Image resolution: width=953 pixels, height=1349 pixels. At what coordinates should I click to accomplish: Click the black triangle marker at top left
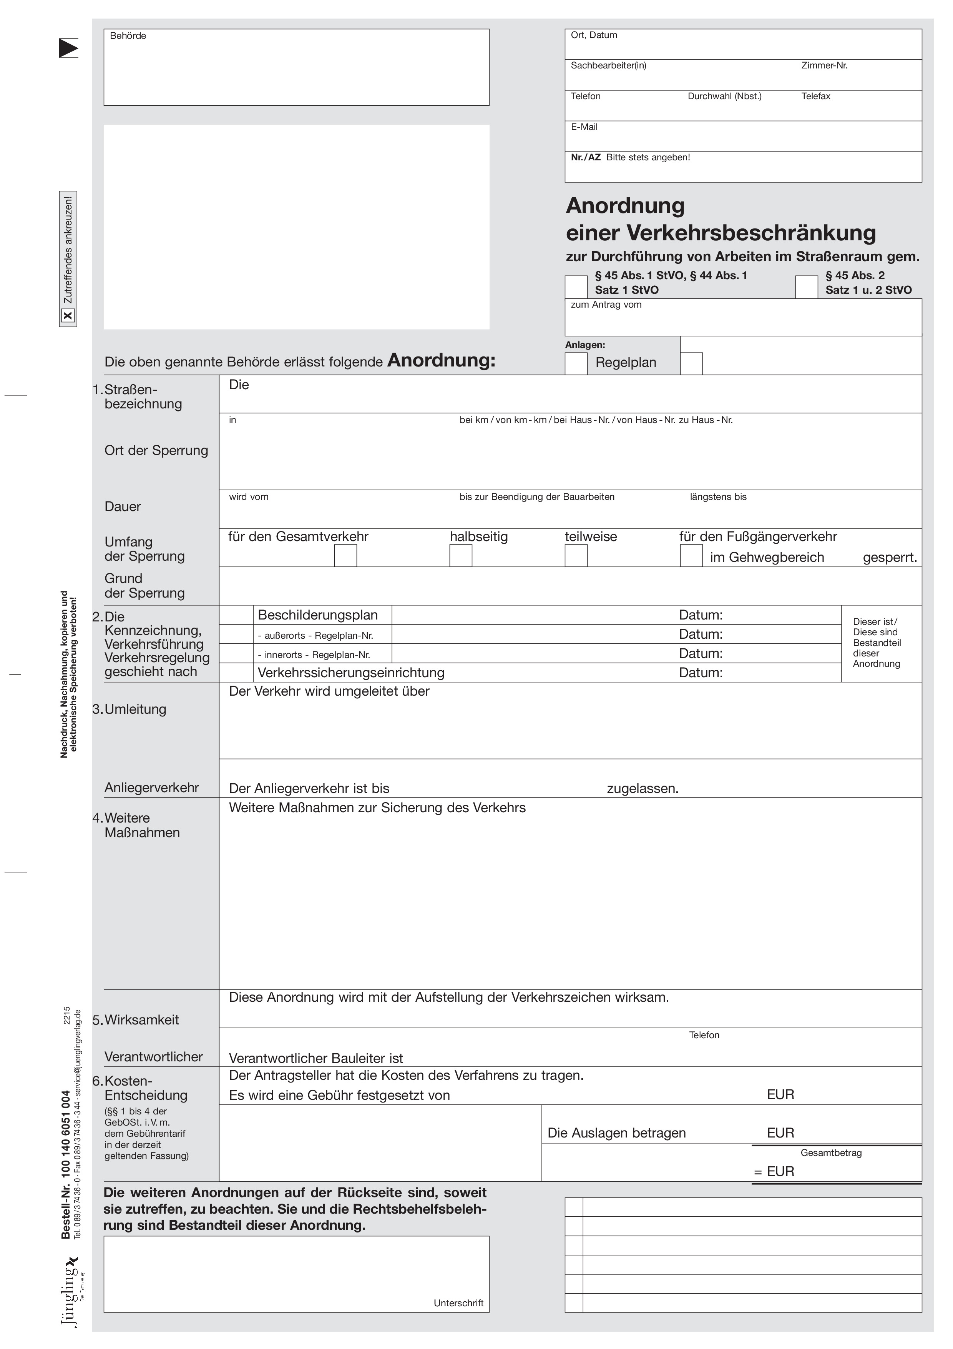tap(68, 48)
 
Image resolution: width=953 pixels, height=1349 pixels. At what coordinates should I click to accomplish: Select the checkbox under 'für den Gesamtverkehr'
tap(345, 555)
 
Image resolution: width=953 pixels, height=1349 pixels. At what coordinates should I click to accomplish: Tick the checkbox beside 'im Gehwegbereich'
tap(691, 555)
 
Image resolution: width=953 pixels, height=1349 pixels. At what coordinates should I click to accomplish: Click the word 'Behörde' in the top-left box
tap(128, 36)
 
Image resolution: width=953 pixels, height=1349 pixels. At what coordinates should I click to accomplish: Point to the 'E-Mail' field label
tap(584, 127)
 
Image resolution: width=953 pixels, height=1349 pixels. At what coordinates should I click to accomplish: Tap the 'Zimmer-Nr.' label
tap(824, 66)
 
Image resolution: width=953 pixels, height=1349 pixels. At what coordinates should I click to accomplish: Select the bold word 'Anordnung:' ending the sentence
tap(442, 360)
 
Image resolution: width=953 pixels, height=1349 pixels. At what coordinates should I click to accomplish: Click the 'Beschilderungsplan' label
tap(318, 615)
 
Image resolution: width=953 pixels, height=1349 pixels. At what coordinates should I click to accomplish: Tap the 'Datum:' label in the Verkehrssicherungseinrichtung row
tap(701, 673)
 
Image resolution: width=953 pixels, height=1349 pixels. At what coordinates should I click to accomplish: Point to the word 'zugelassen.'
tap(643, 788)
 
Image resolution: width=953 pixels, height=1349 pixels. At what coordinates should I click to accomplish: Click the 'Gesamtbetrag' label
tap(831, 1153)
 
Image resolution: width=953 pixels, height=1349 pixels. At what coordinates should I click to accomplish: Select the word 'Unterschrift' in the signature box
tap(458, 1303)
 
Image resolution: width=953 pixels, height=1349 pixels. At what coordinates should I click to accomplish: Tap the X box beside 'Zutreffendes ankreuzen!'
tap(68, 316)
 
